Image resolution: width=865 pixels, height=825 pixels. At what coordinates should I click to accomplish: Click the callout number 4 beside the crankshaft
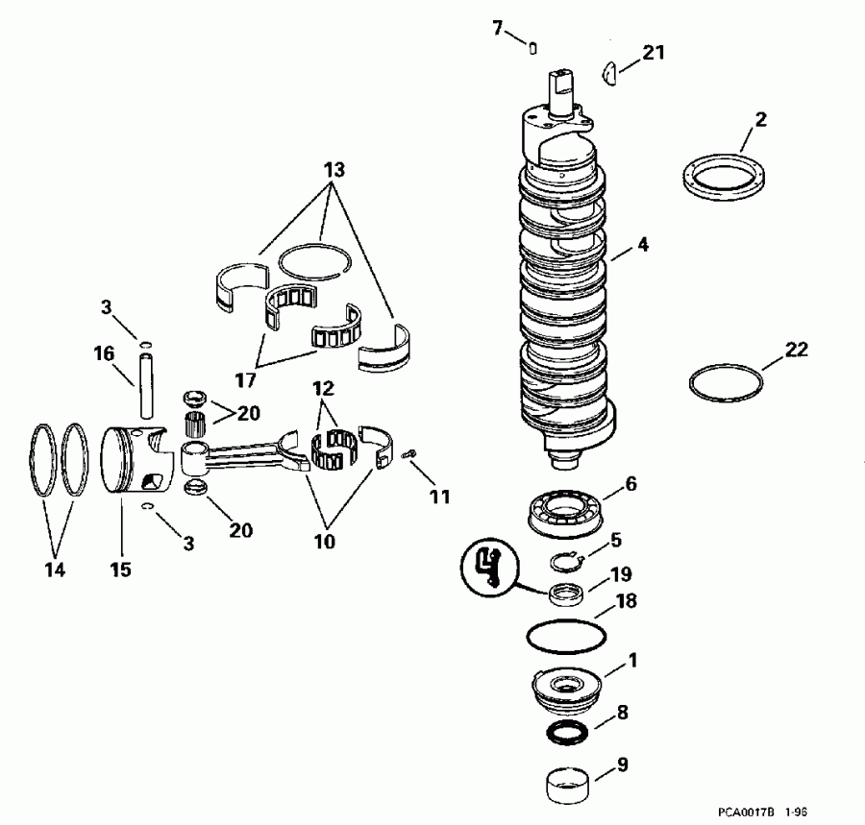pos(642,246)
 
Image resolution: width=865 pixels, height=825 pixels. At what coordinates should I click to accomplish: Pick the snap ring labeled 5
pos(564,561)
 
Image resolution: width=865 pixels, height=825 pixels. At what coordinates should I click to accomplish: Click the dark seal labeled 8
pos(566,733)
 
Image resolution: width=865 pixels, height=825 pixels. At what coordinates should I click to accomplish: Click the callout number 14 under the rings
pos(55,570)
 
